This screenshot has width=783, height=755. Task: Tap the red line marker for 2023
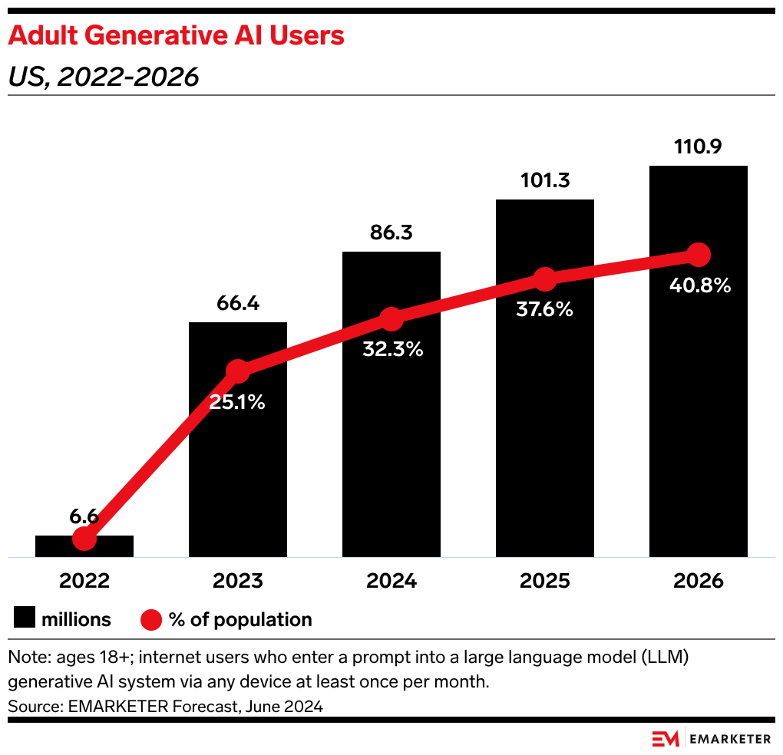pos(238,371)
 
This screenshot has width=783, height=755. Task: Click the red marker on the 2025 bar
pos(544,279)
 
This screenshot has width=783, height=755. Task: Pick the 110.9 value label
pos(698,147)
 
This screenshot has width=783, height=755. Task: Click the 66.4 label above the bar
pos(238,303)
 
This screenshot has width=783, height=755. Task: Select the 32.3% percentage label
pos(391,349)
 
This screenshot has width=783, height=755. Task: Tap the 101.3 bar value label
pos(544,181)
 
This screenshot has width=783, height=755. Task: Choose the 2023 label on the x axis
pos(238,580)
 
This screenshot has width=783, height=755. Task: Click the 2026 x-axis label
pos(698,580)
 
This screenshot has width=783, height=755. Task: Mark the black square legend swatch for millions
pos(25,619)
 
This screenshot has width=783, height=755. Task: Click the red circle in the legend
pos(151,619)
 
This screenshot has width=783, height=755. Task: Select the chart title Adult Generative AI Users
pos(176,35)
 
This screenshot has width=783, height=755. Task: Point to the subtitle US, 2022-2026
pos(103,77)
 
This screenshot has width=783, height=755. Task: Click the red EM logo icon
pos(666,739)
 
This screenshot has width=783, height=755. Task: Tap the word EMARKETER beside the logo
pos(731,739)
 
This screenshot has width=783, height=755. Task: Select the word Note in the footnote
pos(25,658)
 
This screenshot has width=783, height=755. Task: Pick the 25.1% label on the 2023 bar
pos(238,401)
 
